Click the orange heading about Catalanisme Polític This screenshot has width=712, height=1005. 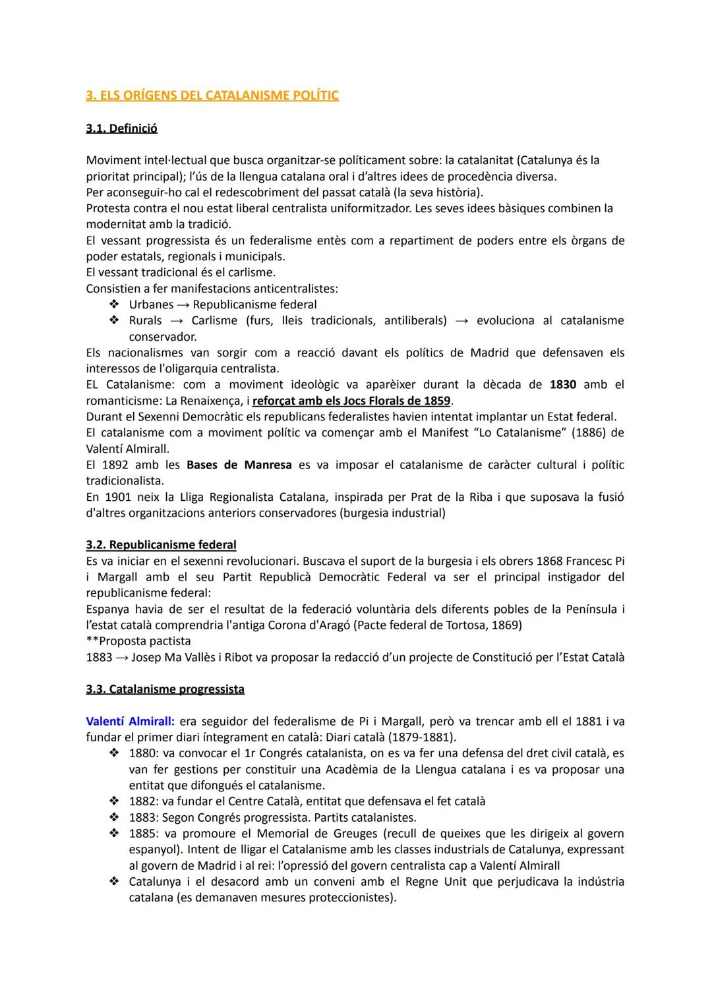coord(212,96)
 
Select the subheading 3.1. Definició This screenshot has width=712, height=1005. coord(121,128)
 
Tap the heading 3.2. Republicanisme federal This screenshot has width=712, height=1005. coord(161,545)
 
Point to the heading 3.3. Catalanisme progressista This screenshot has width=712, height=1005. coord(165,689)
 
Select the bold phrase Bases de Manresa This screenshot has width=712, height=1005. coord(239,465)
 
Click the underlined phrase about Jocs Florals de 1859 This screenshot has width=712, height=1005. coord(351,401)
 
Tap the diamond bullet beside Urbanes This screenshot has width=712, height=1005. coord(113,304)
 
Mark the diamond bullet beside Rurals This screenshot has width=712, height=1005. coord(113,320)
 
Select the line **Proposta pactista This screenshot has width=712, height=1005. coord(138,641)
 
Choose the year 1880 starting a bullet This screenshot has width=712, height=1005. coord(142,753)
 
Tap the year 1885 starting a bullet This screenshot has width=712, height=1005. coord(142,834)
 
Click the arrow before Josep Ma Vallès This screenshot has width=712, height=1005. coord(122,658)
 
